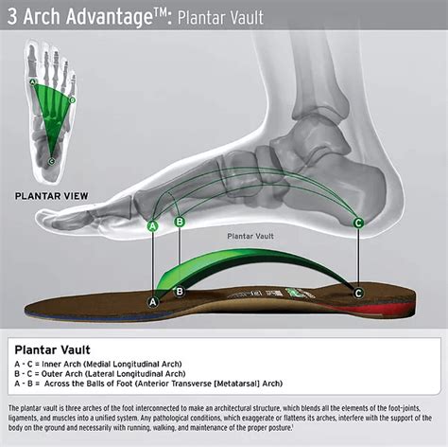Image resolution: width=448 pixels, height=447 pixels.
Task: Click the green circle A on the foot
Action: point(153,226)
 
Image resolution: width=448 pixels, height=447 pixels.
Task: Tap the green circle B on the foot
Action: point(180,222)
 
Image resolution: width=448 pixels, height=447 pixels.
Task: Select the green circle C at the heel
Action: point(358,223)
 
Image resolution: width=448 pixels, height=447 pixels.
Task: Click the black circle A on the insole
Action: point(153,301)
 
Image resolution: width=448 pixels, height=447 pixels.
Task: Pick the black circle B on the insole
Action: point(180,292)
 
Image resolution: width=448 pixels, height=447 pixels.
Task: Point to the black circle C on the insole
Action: point(358,293)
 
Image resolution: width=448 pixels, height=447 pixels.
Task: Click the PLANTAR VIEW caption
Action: point(51,196)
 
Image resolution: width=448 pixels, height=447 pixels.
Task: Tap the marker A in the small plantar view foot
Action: point(33,82)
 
